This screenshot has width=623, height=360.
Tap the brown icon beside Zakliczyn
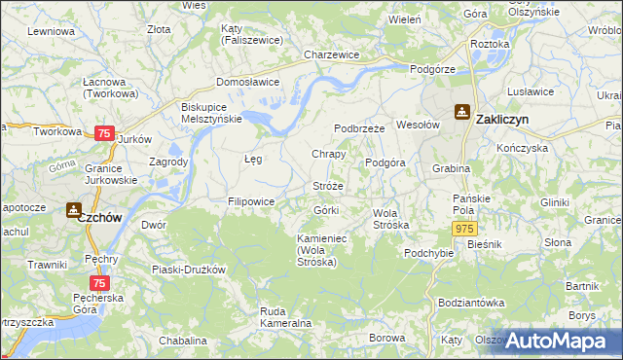coord(461,114)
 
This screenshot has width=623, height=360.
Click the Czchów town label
coord(100,218)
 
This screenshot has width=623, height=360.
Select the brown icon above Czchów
coord(73,208)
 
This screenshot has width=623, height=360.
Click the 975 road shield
coord(464,227)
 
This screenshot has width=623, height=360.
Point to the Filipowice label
coord(251,201)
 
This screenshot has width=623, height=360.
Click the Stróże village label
coord(328,185)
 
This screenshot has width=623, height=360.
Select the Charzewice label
coord(332,55)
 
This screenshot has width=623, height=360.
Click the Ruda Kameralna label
coord(284,316)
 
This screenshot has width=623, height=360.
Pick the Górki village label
coord(326,210)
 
